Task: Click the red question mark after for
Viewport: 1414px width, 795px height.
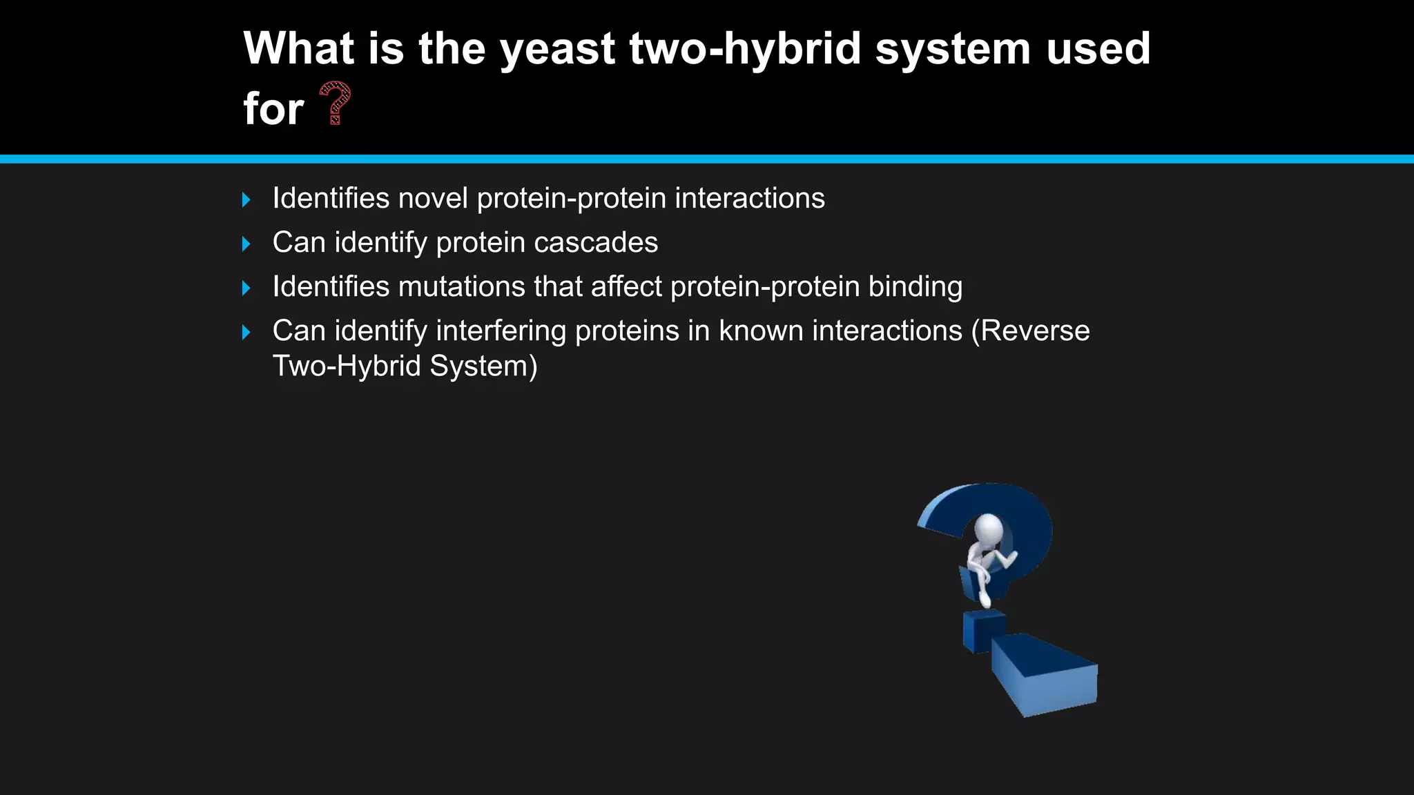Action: click(x=336, y=104)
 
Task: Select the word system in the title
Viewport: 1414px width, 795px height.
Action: click(x=953, y=50)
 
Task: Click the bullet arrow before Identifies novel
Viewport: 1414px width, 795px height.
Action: click(x=246, y=200)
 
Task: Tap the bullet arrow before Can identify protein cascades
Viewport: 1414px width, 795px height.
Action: click(x=246, y=244)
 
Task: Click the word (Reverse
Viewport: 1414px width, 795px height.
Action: click(x=1030, y=331)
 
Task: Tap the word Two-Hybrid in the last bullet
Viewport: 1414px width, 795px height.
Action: click(x=347, y=366)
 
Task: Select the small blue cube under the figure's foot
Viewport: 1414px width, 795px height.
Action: click(x=982, y=631)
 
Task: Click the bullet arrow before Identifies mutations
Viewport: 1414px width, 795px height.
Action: click(x=246, y=288)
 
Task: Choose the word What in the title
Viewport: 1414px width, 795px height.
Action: click(x=298, y=50)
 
